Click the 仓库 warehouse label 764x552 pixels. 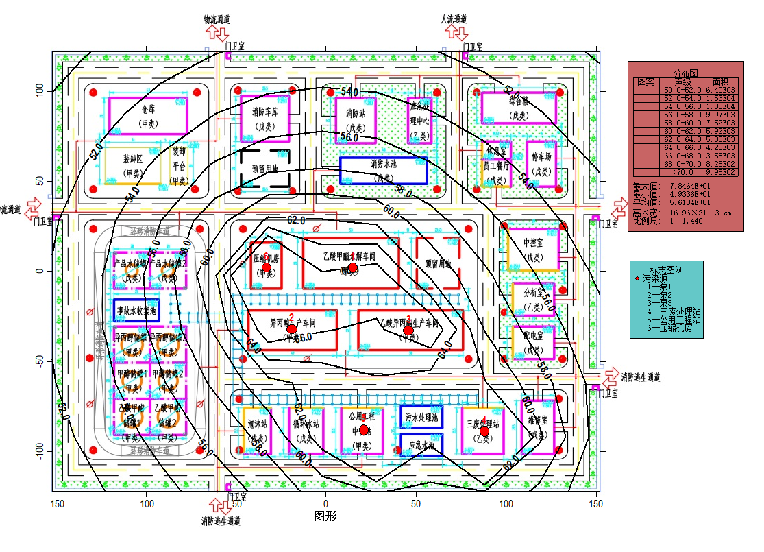click(148, 110)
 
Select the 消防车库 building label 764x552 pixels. click(264, 112)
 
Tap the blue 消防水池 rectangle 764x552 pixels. click(383, 169)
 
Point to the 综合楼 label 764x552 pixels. click(518, 102)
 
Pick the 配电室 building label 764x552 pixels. click(532, 340)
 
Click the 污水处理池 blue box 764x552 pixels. click(421, 416)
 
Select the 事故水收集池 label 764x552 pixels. click(136, 310)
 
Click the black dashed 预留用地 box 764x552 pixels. click(264, 168)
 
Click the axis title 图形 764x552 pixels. click(325, 516)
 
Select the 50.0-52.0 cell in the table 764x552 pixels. click(682, 90)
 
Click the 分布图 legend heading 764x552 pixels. click(685, 73)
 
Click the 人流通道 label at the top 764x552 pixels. click(453, 19)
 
